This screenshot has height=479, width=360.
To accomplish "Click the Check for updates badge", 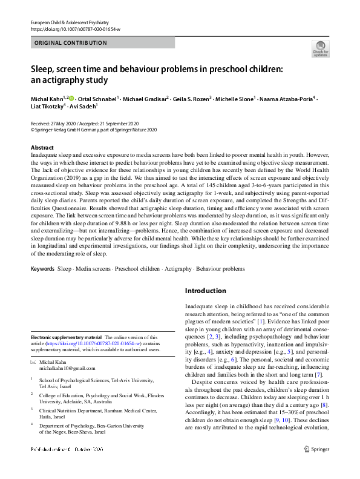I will point(320,49).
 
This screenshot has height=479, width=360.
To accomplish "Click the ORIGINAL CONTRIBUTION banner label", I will point(71,43).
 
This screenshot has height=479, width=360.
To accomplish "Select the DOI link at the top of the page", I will point(75,28).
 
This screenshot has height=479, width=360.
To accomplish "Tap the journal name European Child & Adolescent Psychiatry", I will point(73,21).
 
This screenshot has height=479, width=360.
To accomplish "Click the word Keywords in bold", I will point(42,267).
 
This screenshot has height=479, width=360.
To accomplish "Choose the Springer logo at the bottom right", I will point(319,466).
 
